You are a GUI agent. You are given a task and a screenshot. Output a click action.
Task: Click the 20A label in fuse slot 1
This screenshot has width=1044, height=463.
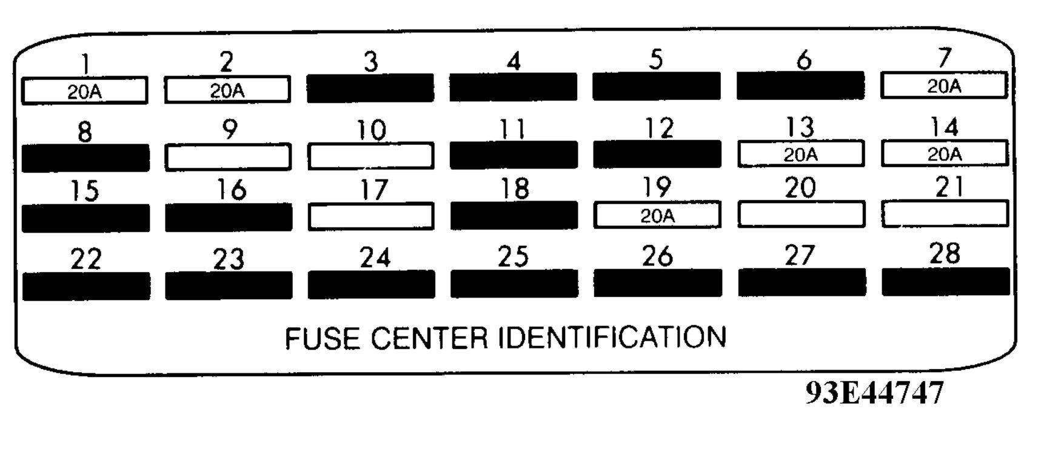(x=84, y=92)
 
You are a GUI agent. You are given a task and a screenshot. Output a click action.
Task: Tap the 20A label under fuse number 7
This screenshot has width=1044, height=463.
(x=944, y=87)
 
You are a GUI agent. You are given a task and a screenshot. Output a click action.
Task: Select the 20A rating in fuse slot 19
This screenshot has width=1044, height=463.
(x=657, y=216)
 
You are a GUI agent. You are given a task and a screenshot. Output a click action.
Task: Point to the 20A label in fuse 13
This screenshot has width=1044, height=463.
(x=800, y=155)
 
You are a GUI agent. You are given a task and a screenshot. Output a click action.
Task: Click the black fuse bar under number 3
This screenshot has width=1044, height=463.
(x=370, y=88)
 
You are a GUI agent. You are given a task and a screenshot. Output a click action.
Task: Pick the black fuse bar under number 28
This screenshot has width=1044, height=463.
(x=946, y=282)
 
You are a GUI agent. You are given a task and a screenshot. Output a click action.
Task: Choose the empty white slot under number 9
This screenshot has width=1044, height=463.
(x=227, y=157)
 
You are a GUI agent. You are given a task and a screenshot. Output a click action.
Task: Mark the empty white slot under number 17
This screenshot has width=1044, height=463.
(x=371, y=216)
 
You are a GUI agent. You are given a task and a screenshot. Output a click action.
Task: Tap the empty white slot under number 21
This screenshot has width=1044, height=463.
(x=945, y=214)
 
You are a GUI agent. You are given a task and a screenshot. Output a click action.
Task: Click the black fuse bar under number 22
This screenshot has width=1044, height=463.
(x=86, y=286)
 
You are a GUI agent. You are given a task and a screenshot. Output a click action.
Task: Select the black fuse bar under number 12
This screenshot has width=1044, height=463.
(x=657, y=154)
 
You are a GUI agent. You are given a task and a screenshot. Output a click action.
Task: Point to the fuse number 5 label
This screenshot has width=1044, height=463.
(x=656, y=59)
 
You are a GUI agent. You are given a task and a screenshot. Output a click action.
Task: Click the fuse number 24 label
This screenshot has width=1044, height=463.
(x=375, y=258)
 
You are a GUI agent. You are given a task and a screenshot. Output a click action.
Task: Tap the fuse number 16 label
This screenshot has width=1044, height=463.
(x=232, y=190)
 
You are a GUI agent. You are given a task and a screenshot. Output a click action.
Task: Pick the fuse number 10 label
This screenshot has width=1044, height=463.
(x=371, y=130)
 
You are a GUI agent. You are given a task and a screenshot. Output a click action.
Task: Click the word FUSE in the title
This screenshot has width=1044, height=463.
(x=321, y=338)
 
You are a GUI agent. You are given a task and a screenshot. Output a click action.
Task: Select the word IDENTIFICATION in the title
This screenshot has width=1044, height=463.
(x=612, y=337)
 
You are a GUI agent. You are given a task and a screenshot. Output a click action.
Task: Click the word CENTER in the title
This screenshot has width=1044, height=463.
(x=429, y=338)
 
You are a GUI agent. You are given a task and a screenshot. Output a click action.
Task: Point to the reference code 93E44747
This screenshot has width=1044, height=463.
(x=874, y=393)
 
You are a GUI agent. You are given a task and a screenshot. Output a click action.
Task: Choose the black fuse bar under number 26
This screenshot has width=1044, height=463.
(x=658, y=284)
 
